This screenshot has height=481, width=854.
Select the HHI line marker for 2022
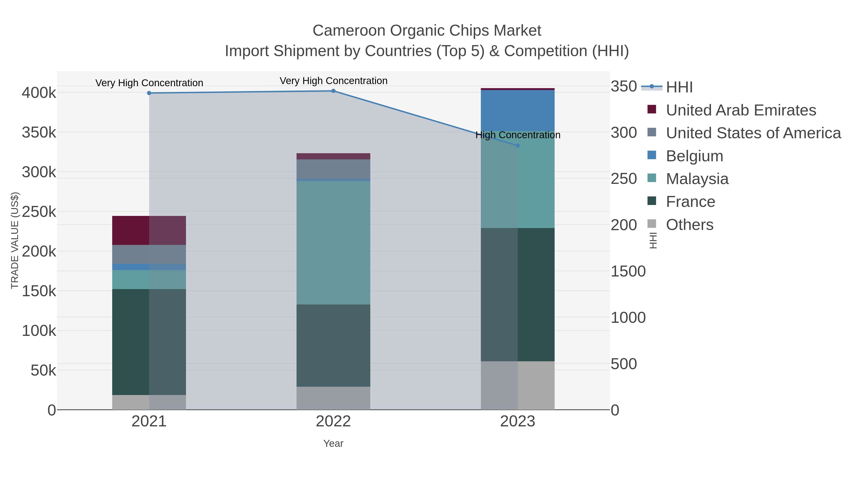333,91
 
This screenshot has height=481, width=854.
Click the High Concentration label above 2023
518,135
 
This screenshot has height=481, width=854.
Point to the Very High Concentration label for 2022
333,81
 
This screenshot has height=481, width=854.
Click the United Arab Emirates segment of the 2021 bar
149,230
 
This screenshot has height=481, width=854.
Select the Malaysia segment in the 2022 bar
333,242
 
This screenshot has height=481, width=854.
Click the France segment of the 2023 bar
518,295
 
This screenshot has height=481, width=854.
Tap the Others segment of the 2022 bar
333,398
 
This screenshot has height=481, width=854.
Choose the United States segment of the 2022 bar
333,169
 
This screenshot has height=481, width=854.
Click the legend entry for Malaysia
697,179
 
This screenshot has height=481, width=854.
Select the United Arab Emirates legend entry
741,110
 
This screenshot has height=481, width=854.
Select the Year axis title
333,443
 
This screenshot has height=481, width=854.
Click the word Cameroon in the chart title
349,31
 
